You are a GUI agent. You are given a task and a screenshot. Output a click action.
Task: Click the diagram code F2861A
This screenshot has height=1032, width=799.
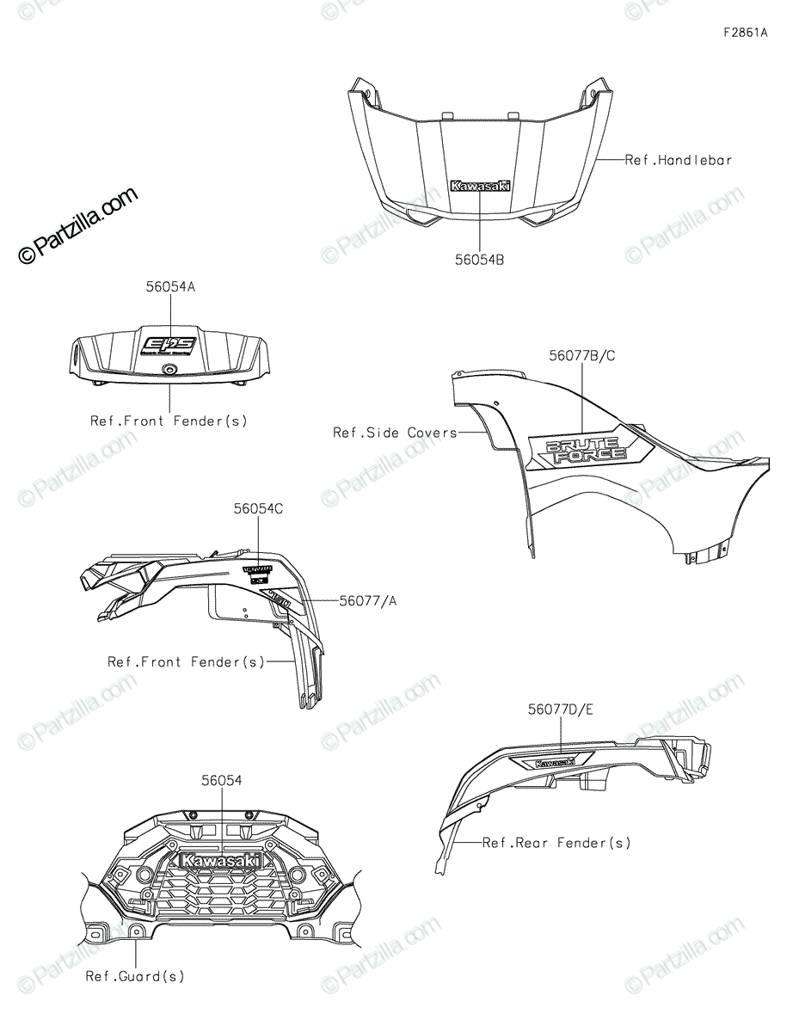click(745, 34)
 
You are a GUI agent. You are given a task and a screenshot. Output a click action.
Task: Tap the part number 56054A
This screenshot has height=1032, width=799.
click(170, 287)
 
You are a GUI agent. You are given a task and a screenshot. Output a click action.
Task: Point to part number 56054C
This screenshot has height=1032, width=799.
click(258, 509)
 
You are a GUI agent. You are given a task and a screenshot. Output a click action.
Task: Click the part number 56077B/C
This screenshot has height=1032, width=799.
click(583, 354)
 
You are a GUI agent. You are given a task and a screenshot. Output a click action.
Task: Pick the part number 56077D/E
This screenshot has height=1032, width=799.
click(561, 709)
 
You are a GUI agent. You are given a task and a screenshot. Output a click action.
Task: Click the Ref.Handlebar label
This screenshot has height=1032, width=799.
click(679, 160)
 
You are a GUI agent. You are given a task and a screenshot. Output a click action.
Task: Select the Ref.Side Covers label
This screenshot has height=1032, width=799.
click(395, 433)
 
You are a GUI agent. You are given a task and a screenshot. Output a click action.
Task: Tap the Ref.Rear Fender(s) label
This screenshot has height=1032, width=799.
click(556, 843)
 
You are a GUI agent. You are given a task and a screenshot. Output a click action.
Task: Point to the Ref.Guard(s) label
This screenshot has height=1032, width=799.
click(135, 976)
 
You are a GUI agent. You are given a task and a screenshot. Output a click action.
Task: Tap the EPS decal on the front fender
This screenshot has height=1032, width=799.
click(169, 346)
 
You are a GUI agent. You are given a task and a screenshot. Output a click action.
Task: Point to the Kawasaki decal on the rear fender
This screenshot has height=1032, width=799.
click(555, 761)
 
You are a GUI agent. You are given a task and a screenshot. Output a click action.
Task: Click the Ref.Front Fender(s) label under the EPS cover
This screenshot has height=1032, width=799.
click(169, 421)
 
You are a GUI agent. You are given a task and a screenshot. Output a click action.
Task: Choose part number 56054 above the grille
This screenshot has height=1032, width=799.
click(222, 780)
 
